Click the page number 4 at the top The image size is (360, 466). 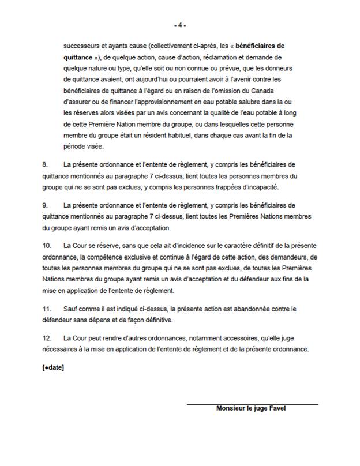point(180,25)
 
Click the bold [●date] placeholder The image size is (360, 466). point(53,367)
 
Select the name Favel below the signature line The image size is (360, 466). point(276,408)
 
